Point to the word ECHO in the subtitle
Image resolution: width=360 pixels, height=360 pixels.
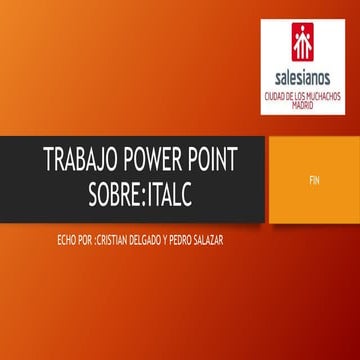[x=71, y=240]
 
